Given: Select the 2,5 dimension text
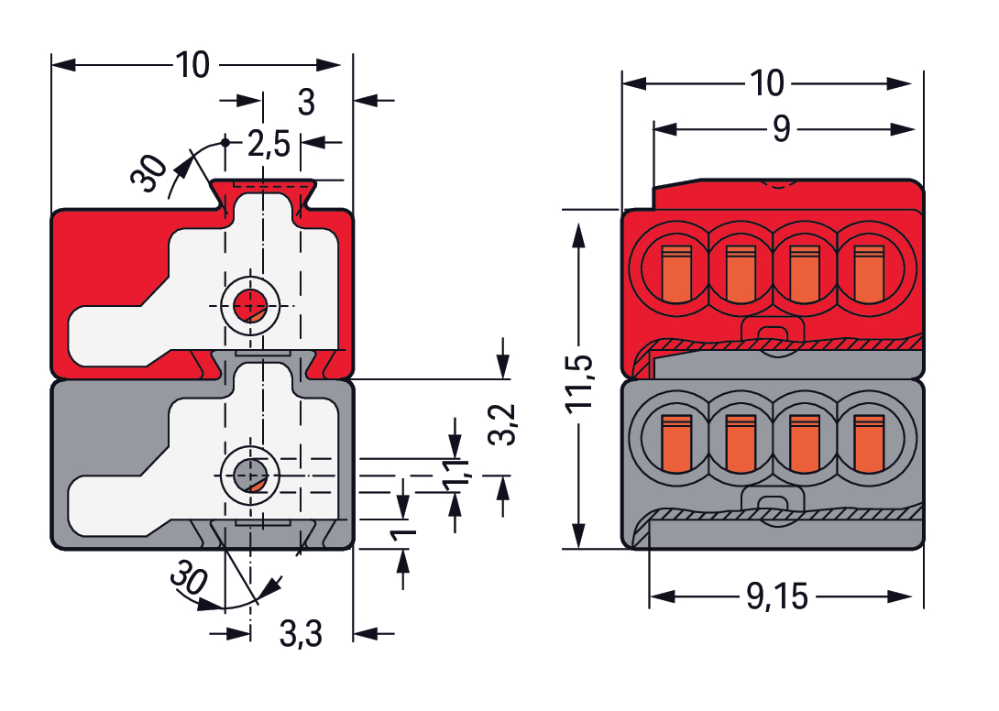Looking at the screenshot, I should pos(268,143).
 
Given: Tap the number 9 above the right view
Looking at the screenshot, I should pos(781,129).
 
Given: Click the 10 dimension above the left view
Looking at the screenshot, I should pos(192,65).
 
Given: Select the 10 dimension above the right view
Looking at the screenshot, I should pos(768,83).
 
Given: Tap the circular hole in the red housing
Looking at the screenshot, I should pos(248,305).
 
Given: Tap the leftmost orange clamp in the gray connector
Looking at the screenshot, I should pos(675,442).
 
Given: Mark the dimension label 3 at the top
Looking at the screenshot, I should pos(306,103).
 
